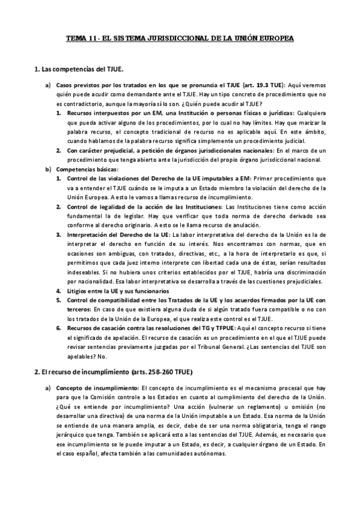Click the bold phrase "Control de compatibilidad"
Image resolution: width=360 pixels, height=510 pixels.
click(x=108, y=301)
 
